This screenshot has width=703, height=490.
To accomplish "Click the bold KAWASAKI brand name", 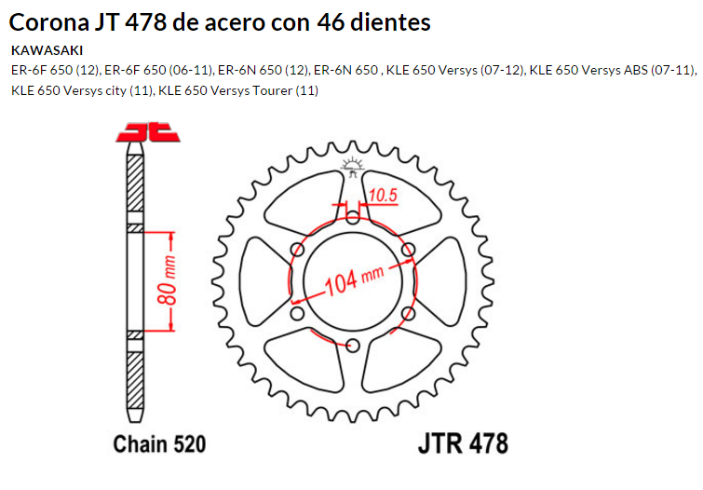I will tap(47, 50).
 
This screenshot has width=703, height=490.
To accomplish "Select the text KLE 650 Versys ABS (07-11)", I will tap(611, 70).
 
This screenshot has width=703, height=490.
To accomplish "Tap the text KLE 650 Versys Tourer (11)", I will tap(239, 90).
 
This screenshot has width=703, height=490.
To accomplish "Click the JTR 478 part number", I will tap(468, 442).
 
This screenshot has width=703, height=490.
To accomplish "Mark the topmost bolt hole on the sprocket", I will tap(352, 217).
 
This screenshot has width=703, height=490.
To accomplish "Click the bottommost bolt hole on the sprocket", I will tap(352, 347).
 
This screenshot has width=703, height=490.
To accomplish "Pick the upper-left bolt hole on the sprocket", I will tap(297, 250).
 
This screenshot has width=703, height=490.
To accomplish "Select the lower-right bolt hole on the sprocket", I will tap(408, 314).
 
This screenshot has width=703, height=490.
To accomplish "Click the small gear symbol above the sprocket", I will tap(352, 168).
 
